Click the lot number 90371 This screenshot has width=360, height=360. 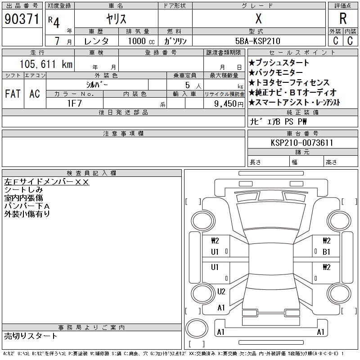click(22, 19)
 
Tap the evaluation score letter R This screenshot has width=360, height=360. click(343, 19)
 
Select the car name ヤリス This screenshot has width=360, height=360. click(116, 19)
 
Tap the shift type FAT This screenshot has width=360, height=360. click(12, 94)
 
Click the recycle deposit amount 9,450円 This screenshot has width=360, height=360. click(230, 103)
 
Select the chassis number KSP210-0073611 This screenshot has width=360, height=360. click(302, 143)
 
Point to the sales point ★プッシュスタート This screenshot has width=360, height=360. click(279, 63)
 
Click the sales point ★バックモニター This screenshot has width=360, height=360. click(276, 73)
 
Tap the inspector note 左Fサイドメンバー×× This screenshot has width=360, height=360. click(47, 182)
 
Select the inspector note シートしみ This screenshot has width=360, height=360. click(23, 190)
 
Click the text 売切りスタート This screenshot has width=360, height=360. click(31, 336)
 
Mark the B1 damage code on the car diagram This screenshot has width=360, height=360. click(326, 252)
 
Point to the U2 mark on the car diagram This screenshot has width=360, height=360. click(221, 292)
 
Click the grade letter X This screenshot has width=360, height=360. click(258, 19)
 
